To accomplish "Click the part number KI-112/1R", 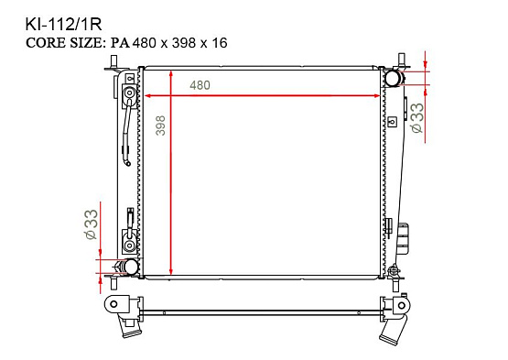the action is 63,25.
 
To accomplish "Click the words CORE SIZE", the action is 64,43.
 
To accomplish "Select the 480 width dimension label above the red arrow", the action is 200,85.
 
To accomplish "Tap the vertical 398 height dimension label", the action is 161,125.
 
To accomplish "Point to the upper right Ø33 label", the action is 417,117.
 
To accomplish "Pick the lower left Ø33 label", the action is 91,224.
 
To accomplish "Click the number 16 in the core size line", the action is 220,43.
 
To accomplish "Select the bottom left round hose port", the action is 131,267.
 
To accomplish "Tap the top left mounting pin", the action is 113,61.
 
